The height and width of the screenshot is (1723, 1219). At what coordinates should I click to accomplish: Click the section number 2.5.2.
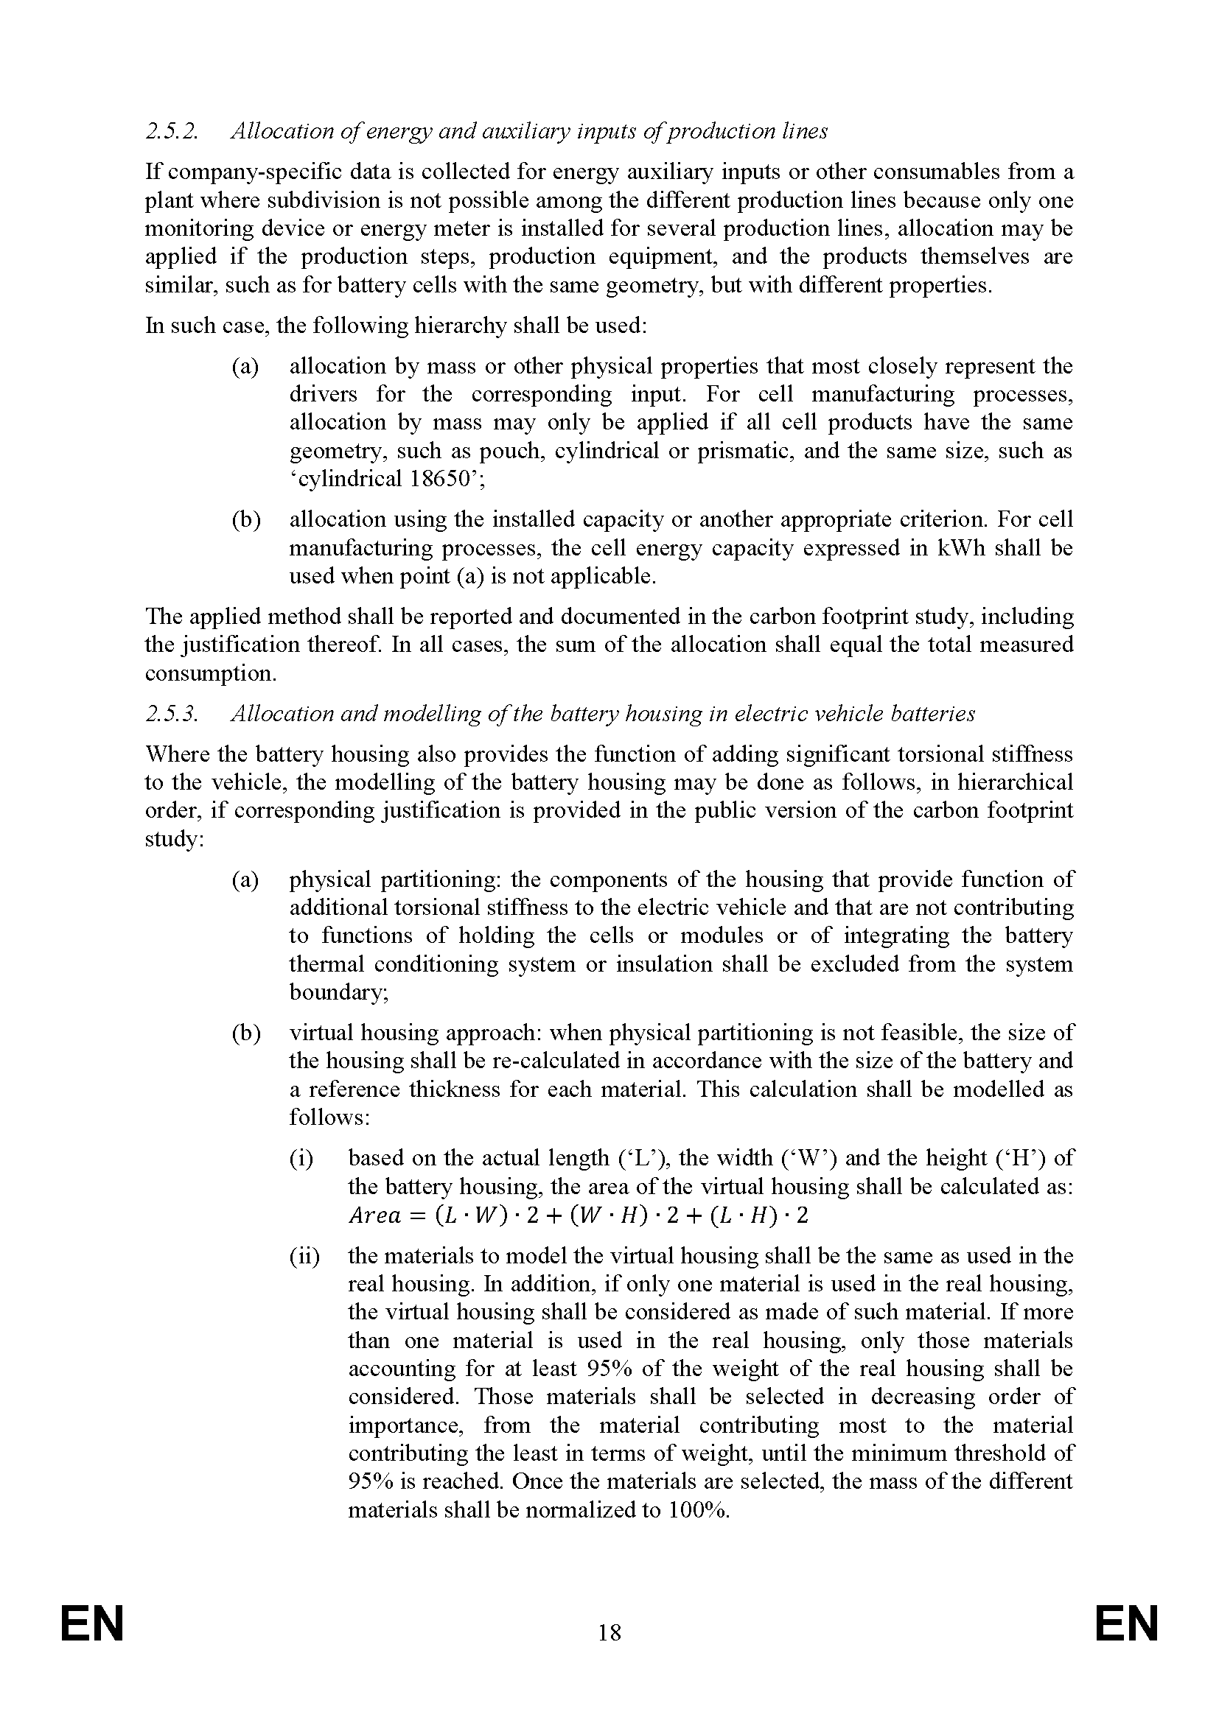click(x=172, y=131)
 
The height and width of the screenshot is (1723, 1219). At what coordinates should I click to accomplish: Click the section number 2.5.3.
click(x=172, y=714)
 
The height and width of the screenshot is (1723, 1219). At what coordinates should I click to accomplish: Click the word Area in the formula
click(x=374, y=1215)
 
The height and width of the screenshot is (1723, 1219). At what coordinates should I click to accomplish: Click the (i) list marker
click(x=301, y=1159)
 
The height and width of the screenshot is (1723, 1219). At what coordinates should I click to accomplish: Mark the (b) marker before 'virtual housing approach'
click(x=245, y=1034)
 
